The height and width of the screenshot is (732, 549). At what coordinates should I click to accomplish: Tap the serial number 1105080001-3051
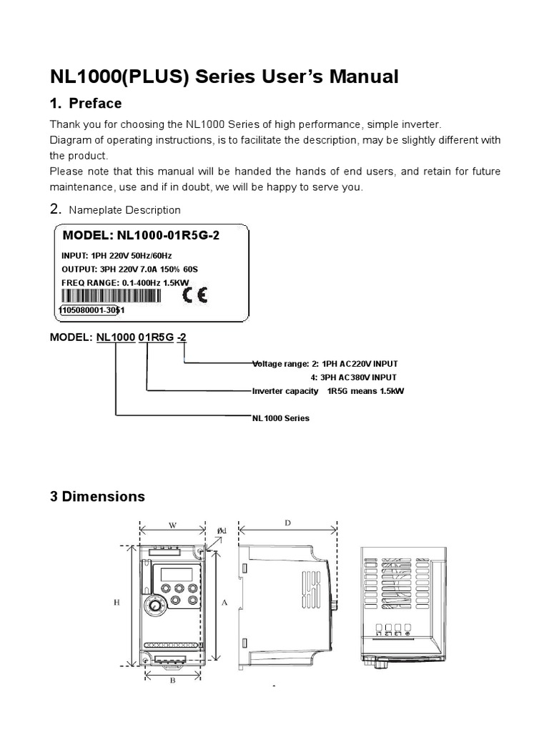coord(92,310)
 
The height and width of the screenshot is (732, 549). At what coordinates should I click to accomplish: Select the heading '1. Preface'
coord(86,103)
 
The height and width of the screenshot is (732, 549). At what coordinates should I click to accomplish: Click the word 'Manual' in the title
coord(363,76)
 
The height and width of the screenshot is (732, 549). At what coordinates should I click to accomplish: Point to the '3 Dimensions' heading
coord(97,496)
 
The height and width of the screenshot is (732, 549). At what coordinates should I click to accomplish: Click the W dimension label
coord(172,524)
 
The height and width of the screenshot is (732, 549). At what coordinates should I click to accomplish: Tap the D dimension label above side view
coord(287,523)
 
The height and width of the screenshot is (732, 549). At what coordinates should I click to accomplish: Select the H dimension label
coord(117,603)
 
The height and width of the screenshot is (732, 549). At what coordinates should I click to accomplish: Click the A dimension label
coord(224,603)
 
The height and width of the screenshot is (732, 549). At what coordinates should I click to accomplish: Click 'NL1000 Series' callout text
coord(281,418)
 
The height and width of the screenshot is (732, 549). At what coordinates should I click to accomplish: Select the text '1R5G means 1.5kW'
coord(365,391)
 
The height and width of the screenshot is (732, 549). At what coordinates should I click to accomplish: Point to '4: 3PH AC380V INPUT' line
coord(354,377)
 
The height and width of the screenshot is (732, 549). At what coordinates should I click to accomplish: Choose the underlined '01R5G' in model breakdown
coord(156,337)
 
